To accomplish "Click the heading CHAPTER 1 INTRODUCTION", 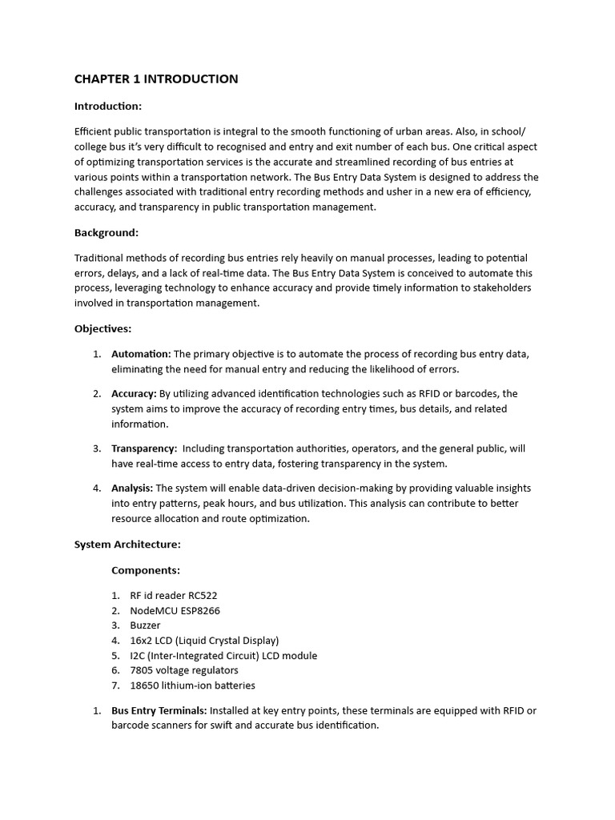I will (x=156, y=78).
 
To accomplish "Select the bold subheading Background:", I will (x=107, y=232).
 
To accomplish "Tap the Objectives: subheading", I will (x=103, y=328).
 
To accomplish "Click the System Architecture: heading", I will (x=127, y=544).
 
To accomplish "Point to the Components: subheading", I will (x=146, y=570).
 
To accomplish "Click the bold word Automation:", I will (x=141, y=354).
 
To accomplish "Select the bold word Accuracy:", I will (x=134, y=393).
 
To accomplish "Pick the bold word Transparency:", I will (x=144, y=448).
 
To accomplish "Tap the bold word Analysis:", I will (x=132, y=488).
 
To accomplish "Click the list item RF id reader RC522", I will (x=174, y=596).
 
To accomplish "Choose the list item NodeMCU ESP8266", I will (x=175, y=610).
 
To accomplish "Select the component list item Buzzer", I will (x=146, y=625).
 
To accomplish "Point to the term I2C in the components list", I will (x=138, y=655).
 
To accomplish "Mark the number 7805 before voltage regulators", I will (x=143, y=670).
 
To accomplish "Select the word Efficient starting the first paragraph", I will (x=94, y=131).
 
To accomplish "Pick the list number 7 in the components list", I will (x=115, y=685).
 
